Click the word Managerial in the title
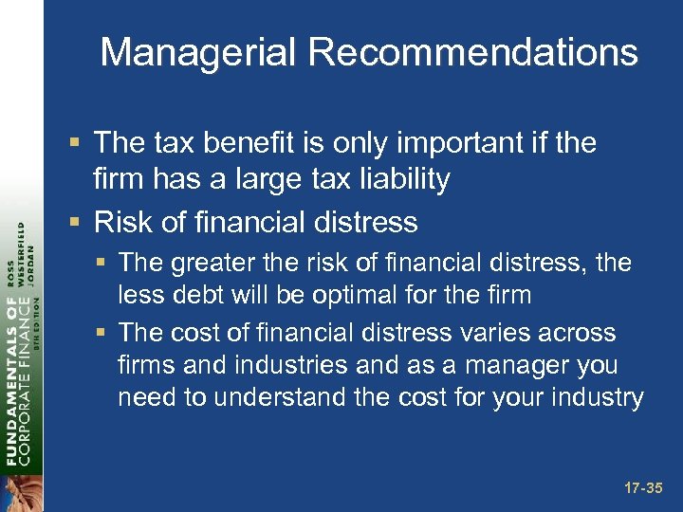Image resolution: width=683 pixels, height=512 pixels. [199, 53]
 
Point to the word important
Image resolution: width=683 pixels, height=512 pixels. [452, 144]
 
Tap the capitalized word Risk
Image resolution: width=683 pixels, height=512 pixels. [126, 222]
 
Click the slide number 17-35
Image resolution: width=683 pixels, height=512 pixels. [643, 489]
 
